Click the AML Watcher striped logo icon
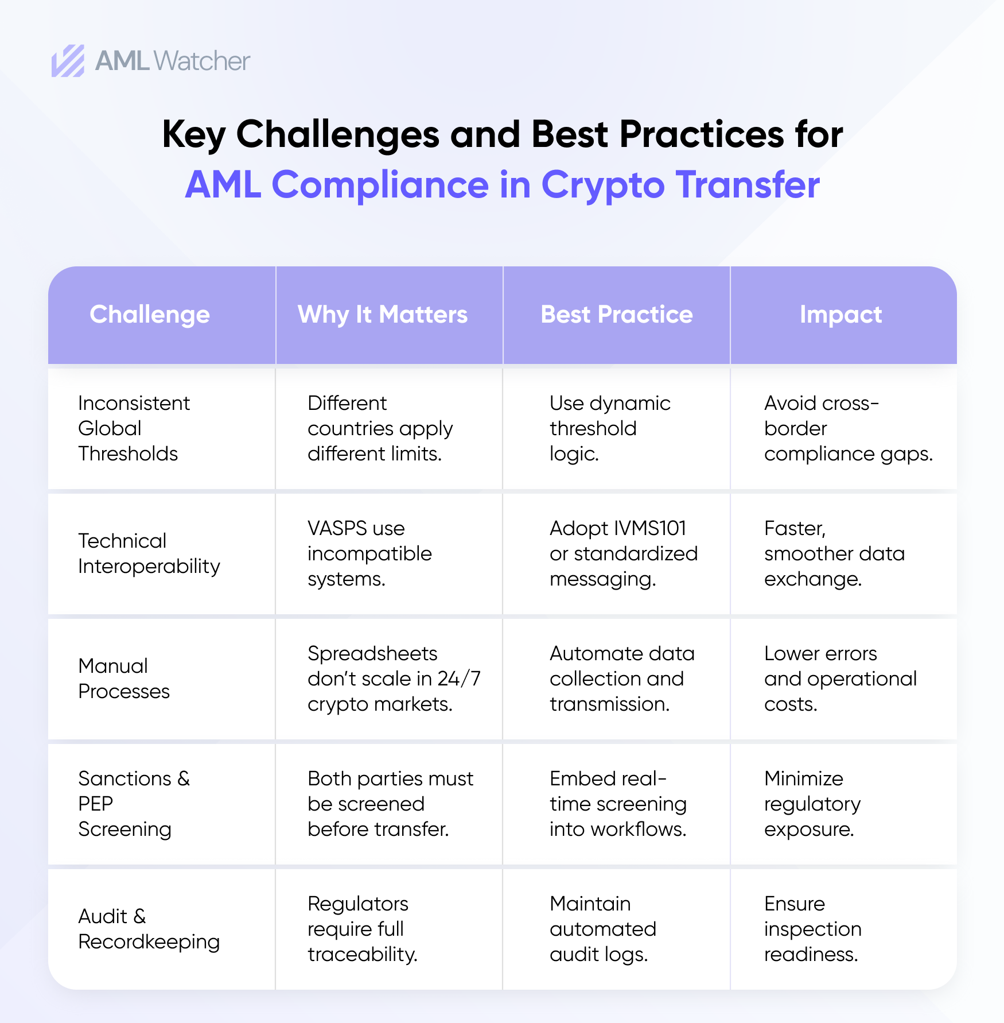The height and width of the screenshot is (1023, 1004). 68,61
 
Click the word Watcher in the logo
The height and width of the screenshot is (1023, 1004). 202,61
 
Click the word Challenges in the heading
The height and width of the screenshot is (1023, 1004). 338,134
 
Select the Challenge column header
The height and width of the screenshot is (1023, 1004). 150,315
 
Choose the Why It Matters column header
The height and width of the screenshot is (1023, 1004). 383,315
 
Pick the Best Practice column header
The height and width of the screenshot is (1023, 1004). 617,315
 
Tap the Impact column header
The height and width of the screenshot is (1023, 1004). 840,315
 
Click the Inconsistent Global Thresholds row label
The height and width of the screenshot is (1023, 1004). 134,428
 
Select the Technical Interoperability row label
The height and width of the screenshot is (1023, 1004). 149,553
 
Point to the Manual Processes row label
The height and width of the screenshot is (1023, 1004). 124,679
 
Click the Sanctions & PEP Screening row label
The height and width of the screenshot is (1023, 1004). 134,804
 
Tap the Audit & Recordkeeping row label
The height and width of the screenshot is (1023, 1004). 149,929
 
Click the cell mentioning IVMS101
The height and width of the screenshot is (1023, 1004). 623,553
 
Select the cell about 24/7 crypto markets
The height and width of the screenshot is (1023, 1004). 394,679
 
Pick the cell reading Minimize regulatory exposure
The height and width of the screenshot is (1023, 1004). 812,804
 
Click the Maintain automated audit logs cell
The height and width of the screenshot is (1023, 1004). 602,929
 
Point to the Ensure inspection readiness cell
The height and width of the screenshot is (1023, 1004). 812,929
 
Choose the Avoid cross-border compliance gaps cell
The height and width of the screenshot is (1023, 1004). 848,428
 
